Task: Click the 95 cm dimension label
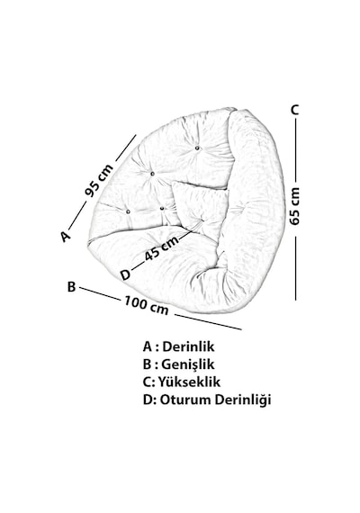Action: click(98, 180)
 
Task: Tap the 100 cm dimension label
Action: click(146, 306)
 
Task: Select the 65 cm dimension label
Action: click(295, 206)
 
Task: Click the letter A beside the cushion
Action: click(65, 236)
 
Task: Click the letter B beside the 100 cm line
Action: click(71, 286)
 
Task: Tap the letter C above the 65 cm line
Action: click(295, 110)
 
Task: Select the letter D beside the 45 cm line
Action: click(125, 274)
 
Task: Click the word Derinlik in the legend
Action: click(188, 346)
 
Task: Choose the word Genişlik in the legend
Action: click(188, 364)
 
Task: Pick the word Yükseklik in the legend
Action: click(189, 382)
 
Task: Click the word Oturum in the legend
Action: click(184, 400)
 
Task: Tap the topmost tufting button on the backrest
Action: click(197, 148)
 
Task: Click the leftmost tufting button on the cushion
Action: click(128, 212)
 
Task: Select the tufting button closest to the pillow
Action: click(162, 208)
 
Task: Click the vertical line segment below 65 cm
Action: click(295, 268)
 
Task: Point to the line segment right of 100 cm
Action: click(208, 322)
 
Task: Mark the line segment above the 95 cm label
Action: click(126, 148)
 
